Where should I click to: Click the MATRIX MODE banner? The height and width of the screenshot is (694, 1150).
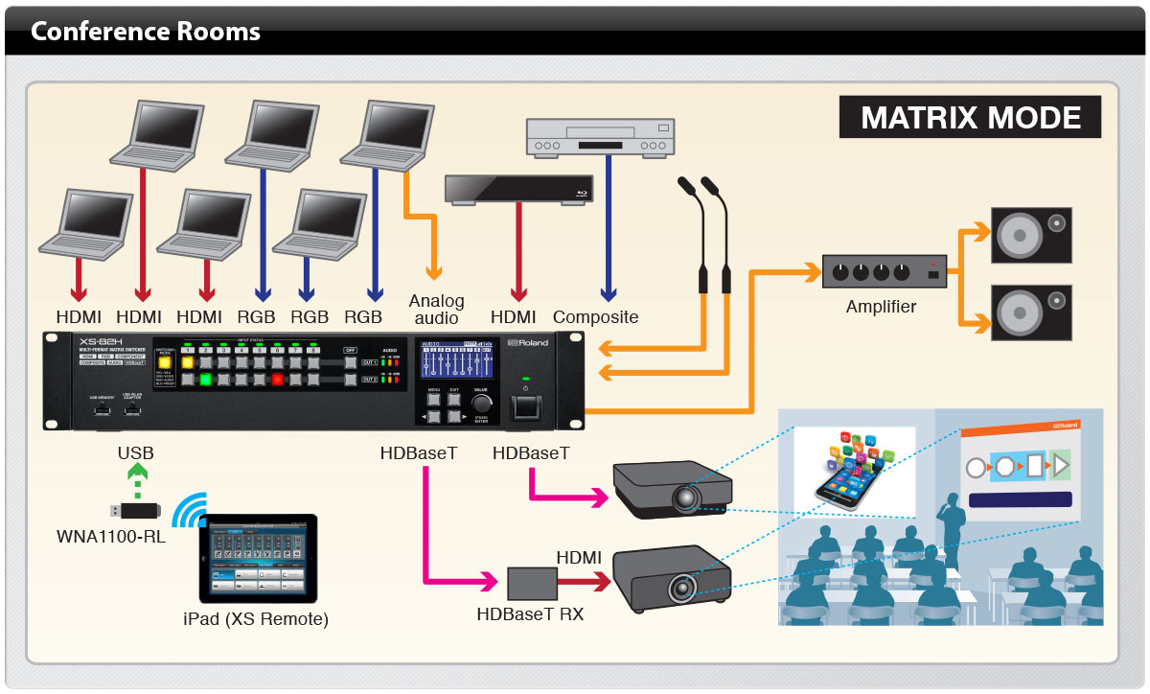point(971,118)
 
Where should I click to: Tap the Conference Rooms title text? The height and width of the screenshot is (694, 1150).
point(146,33)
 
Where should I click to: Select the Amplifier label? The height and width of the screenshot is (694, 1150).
point(881,308)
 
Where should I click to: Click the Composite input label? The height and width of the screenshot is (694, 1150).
point(595,317)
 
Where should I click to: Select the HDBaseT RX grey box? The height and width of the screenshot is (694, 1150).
point(531,581)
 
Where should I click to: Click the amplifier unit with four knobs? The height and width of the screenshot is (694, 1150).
point(884,271)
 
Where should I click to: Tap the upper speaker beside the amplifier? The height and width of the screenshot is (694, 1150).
point(1030,236)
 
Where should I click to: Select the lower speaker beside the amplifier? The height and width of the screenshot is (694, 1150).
point(1030,312)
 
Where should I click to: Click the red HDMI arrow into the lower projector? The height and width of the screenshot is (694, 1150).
point(584,581)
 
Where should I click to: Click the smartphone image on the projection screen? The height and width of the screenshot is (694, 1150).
point(855,470)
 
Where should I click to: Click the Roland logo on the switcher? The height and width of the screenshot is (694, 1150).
point(527,343)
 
